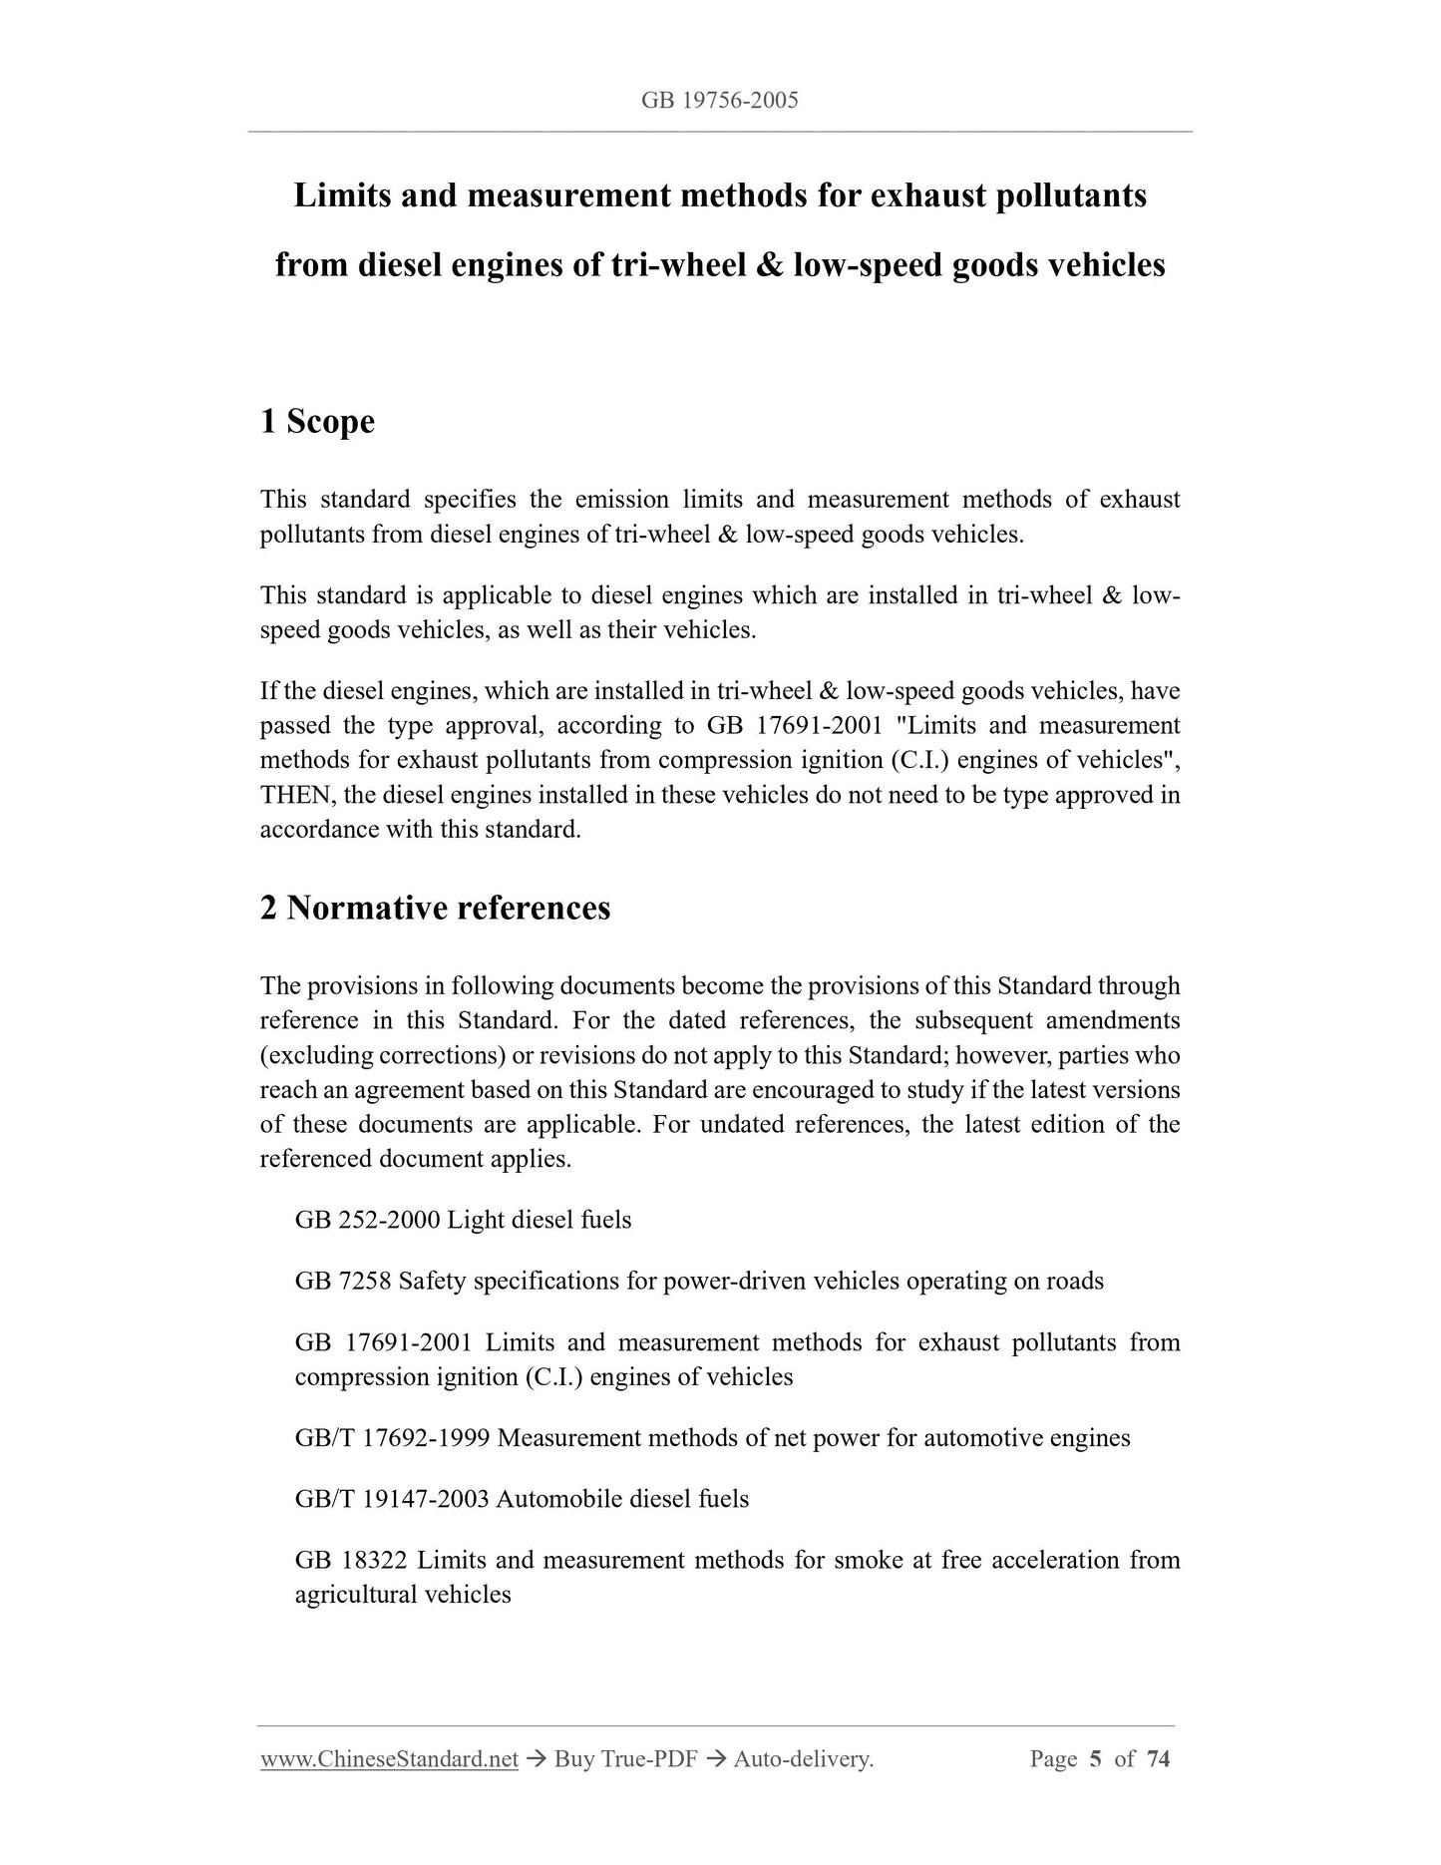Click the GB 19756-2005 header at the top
tap(720, 100)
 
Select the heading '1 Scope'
tap(317, 421)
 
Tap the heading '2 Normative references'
tap(435, 908)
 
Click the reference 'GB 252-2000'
tap(366, 1220)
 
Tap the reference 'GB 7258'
tap(342, 1281)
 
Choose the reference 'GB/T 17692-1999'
tap(392, 1438)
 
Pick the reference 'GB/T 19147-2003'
tap(391, 1499)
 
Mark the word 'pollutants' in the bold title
tap(1071, 195)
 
